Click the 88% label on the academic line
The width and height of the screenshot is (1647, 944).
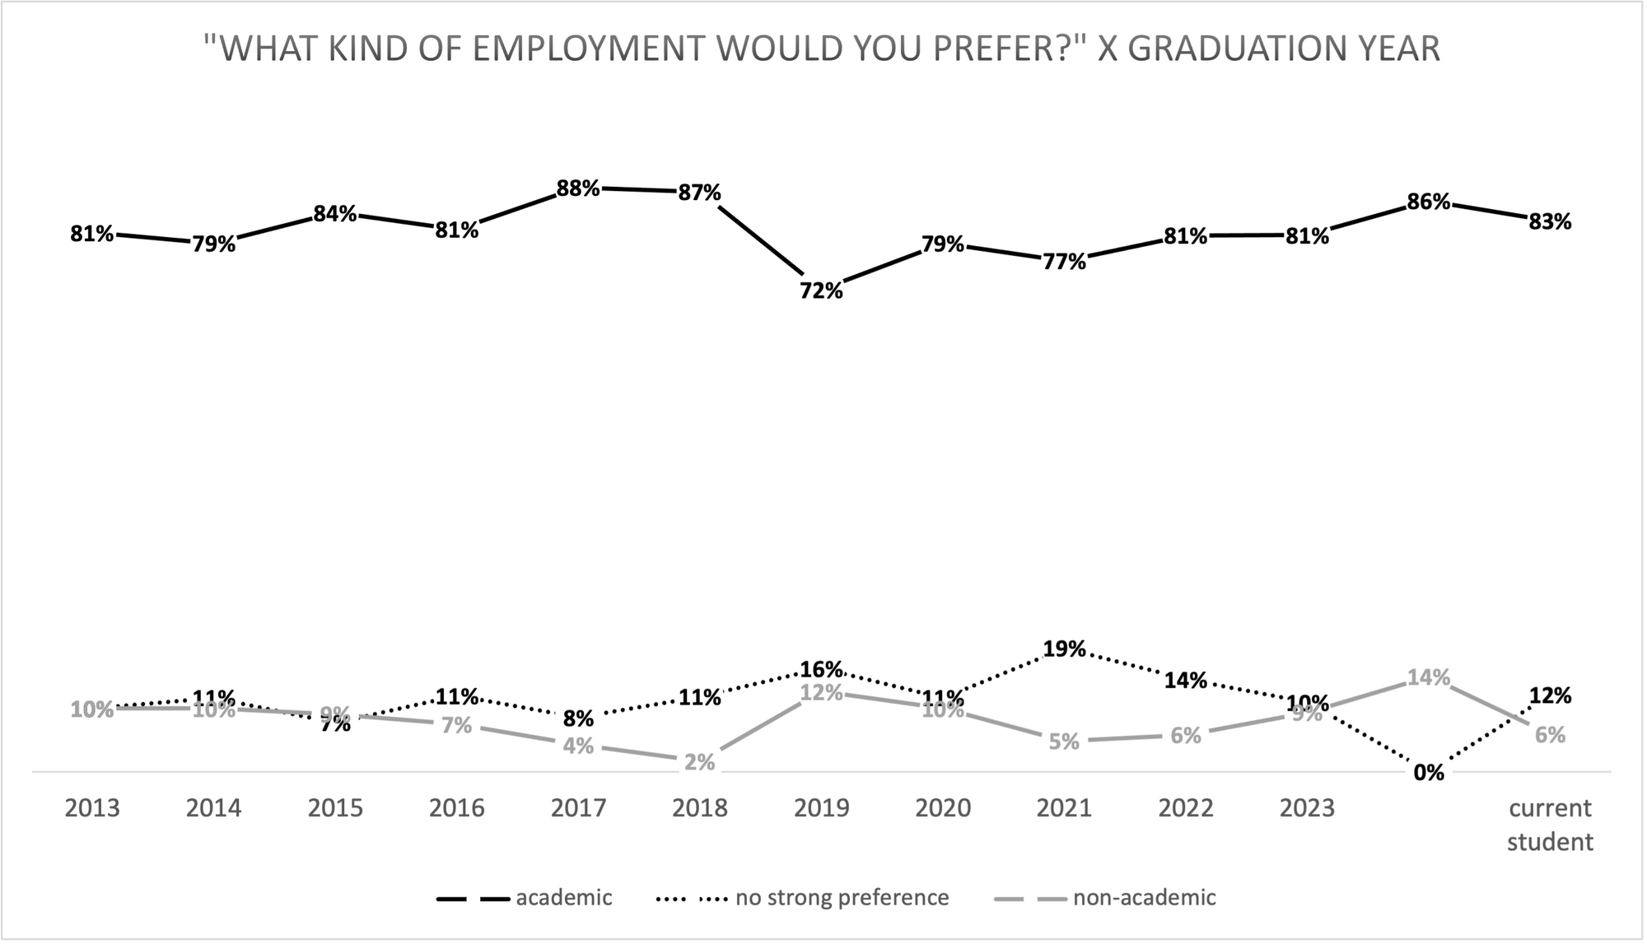pos(578,188)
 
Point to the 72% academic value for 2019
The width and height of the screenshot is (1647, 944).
pos(821,291)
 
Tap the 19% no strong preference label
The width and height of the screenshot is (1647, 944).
pos(1064,649)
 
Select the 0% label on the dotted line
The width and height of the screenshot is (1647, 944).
pos(1428,773)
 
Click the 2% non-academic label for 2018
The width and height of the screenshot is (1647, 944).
pos(699,762)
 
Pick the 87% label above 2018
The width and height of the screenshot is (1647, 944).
pos(700,193)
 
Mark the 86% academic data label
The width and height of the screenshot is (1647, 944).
pos(1428,202)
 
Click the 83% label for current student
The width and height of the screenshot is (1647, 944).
pos(1550,221)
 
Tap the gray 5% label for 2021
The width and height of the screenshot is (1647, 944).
pos(1064,742)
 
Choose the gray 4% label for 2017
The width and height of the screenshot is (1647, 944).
pos(578,746)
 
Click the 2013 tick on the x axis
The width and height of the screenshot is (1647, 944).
pos(92,808)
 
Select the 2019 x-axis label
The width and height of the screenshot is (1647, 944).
pos(821,808)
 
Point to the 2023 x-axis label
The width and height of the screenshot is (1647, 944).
pos(1307,808)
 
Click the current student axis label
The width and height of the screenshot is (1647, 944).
pos(1550,825)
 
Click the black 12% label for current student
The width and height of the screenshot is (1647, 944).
pos(1550,696)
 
